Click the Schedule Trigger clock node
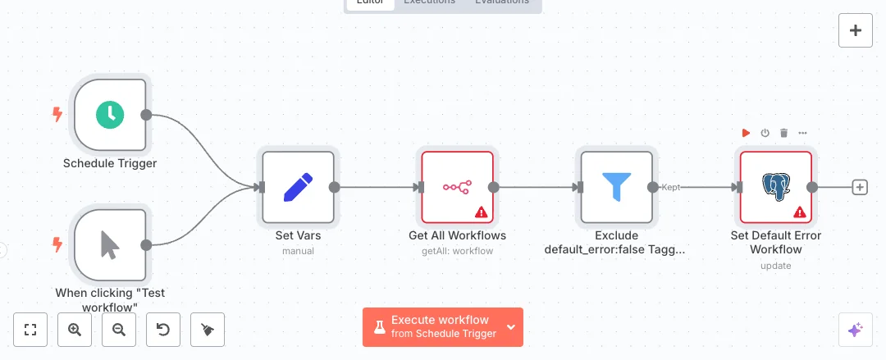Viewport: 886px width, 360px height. [x=109, y=115]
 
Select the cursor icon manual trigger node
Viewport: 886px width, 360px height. [x=109, y=244]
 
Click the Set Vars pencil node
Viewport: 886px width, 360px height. [x=298, y=187]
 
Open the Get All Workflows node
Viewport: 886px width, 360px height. [x=457, y=187]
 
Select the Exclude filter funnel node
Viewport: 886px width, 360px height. [x=616, y=187]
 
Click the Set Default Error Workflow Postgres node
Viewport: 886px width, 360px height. [x=775, y=187]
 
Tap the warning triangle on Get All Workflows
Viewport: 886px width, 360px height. [x=480, y=212]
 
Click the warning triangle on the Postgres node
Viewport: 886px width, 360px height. [x=798, y=212]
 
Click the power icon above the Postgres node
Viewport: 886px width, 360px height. [x=765, y=133]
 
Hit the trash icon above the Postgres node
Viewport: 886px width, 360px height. [x=783, y=133]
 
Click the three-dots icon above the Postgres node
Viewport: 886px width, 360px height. [x=802, y=133]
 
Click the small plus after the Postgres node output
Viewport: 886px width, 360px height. [x=860, y=187]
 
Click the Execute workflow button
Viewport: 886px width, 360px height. [x=432, y=326]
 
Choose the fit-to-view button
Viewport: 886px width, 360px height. [x=31, y=330]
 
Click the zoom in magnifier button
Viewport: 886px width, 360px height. [x=75, y=330]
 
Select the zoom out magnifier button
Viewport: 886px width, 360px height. [x=119, y=330]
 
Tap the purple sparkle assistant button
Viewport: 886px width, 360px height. [x=855, y=330]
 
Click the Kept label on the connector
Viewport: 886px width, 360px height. [x=670, y=187]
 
